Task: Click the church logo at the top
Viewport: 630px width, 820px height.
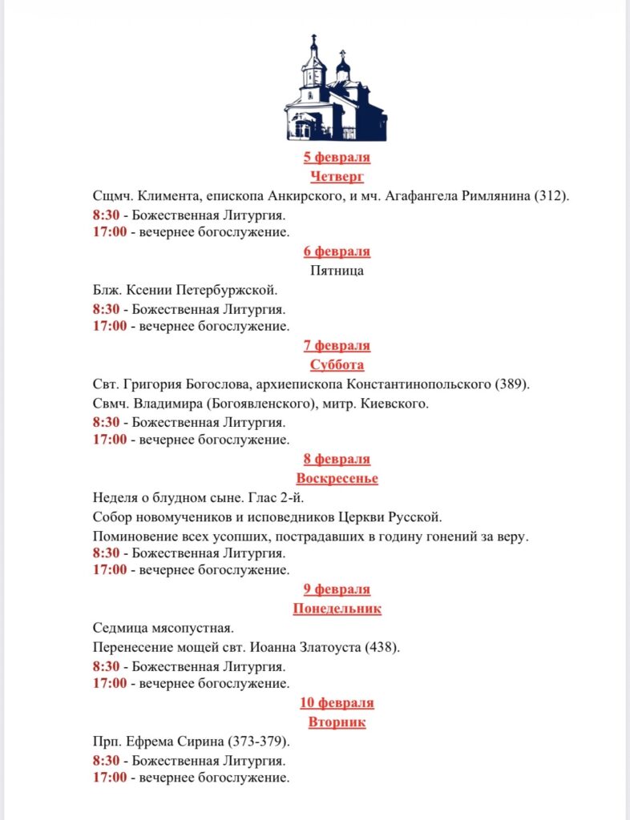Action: [x=336, y=89]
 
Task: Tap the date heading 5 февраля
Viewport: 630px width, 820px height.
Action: [x=337, y=157]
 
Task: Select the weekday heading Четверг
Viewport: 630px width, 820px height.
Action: [x=337, y=176]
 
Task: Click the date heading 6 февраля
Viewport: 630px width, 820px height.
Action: [x=337, y=251]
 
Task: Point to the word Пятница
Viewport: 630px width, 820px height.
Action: [x=337, y=271]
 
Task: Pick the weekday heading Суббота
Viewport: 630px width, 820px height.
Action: [x=337, y=365]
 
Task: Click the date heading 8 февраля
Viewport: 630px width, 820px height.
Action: [x=337, y=459]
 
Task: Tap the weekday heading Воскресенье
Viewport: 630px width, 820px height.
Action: [x=337, y=478]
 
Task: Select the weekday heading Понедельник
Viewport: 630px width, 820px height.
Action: [x=337, y=609]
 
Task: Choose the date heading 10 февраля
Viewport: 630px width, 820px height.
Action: [x=337, y=703]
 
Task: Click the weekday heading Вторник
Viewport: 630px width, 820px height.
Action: [x=337, y=722]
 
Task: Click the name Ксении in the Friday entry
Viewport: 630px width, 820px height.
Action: [x=149, y=290]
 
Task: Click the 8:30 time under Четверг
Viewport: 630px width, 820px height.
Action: [x=106, y=215]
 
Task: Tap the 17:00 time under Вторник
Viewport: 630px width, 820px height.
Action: [x=109, y=778]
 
